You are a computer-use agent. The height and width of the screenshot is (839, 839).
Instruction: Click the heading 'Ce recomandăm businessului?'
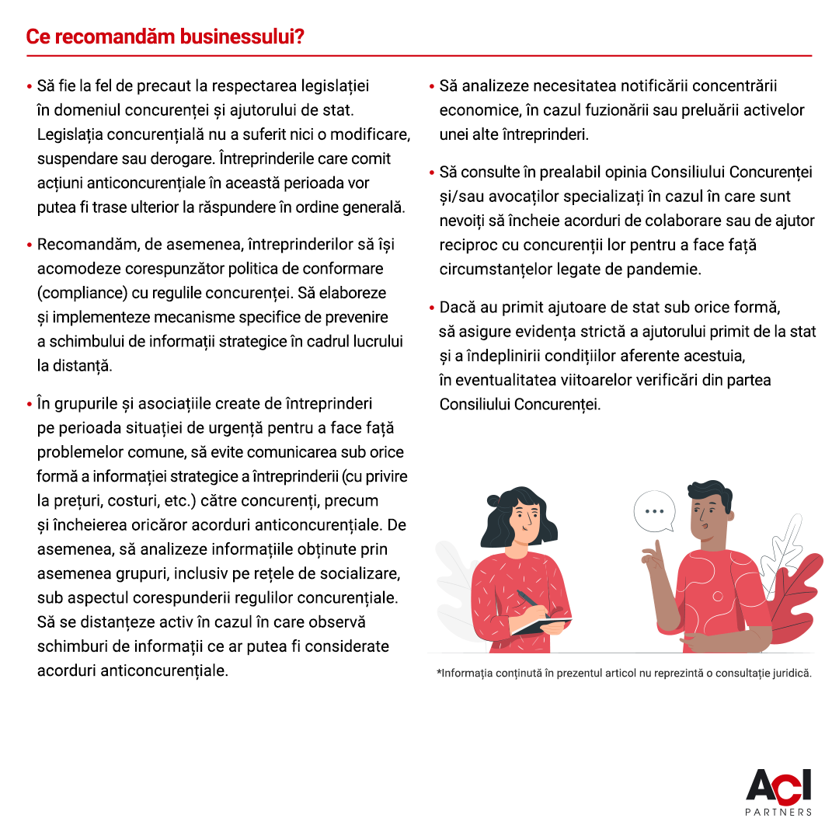tap(165, 37)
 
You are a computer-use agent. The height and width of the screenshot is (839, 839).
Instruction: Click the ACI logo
tap(778, 786)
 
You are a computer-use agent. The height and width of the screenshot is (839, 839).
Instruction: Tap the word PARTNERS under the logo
tap(778, 813)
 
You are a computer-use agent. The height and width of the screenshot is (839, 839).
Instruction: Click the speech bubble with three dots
tap(654, 511)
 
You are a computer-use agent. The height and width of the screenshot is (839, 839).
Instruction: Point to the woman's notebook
tap(541, 624)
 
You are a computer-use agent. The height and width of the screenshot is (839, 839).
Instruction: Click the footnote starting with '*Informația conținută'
tap(624, 674)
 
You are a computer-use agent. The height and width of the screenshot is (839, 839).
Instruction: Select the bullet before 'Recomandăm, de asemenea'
tap(29, 245)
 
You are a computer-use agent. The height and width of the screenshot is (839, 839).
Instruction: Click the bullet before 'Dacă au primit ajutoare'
tap(431, 308)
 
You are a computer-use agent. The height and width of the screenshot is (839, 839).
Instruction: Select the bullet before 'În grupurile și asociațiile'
tap(29, 404)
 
